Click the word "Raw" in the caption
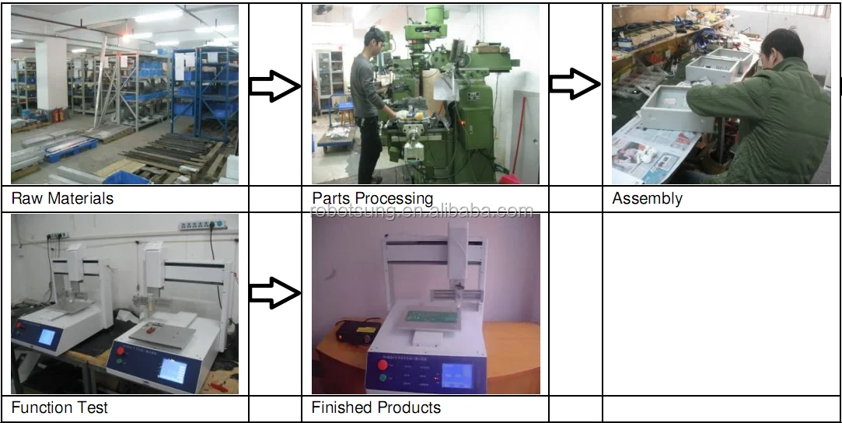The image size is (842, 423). point(26,199)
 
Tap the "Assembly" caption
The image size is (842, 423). point(647,199)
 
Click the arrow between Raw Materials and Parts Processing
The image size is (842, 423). point(274,87)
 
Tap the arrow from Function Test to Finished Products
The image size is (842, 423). point(274,293)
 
